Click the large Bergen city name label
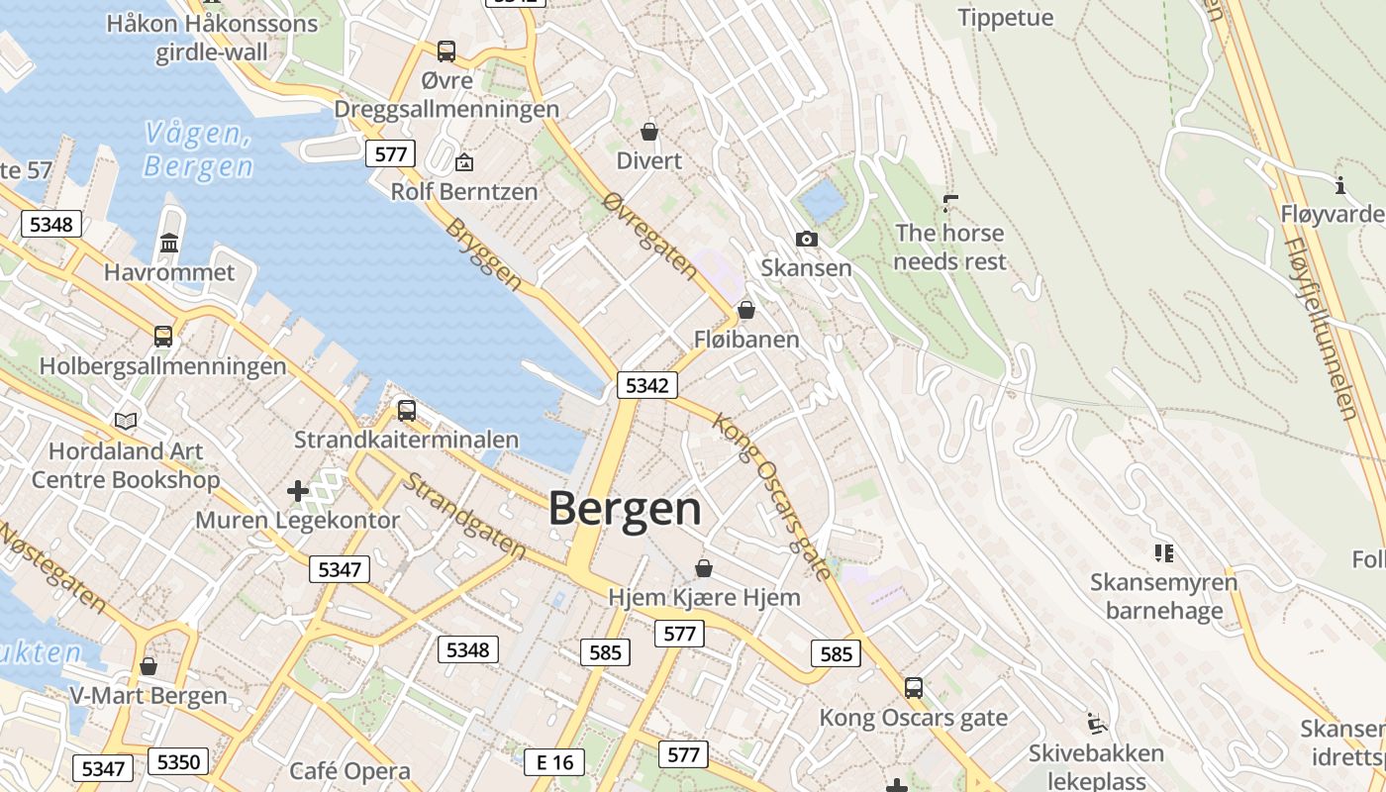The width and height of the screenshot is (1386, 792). [625, 509]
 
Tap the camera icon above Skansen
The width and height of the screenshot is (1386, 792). [807, 239]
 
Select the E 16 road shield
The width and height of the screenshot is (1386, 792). [553, 761]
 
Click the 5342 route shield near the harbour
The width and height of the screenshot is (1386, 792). [647, 385]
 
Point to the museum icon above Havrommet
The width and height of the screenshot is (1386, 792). [169, 243]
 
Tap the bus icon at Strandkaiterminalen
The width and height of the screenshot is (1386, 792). [406, 410]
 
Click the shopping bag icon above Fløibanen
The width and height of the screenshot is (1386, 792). [746, 310]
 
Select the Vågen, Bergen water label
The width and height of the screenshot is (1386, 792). [198, 148]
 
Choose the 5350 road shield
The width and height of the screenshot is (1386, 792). [178, 761]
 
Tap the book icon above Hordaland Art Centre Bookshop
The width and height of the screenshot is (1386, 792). [126, 422]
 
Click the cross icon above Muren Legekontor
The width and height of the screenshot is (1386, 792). [297, 490]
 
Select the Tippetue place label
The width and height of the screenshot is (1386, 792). [1006, 18]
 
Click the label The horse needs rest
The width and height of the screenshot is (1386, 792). [949, 247]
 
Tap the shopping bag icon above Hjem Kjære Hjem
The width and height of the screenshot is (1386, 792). [703, 568]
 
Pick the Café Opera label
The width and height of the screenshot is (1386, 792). [349, 771]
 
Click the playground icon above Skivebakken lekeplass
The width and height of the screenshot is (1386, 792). [1096, 724]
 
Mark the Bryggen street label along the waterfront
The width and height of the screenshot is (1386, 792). [483, 253]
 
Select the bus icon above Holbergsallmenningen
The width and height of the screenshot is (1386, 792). [163, 337]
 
